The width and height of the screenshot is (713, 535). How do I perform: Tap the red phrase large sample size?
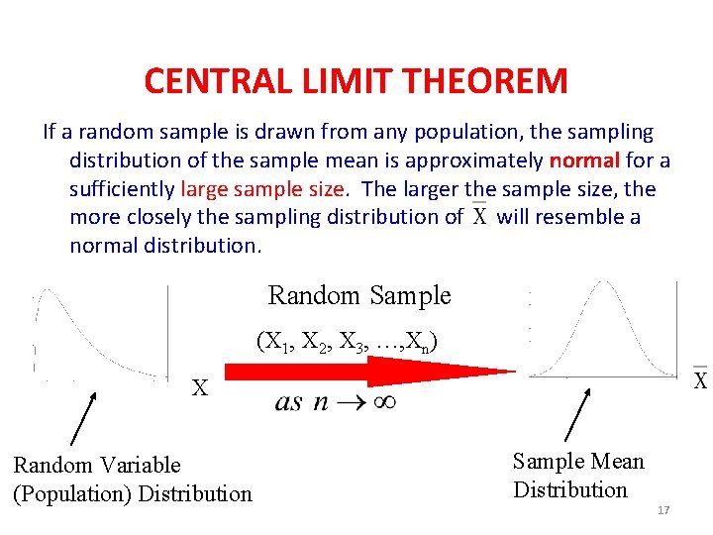[x=262, y=188]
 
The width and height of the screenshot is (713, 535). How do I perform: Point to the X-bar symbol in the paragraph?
[x=479, y=215]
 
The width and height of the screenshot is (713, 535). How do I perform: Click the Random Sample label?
[x=359, y=295]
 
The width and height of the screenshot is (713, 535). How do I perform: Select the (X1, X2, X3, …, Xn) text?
[x=348, y=342]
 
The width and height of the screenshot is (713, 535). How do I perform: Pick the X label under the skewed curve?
[x=200, y=388]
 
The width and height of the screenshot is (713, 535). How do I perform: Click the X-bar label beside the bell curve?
[x=699, y=379]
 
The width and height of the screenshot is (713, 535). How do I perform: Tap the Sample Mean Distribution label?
[x=577, y=476]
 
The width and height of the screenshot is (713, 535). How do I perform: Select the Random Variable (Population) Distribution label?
[x=132, y=479]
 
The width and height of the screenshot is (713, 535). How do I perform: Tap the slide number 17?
[x=663, y=509]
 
